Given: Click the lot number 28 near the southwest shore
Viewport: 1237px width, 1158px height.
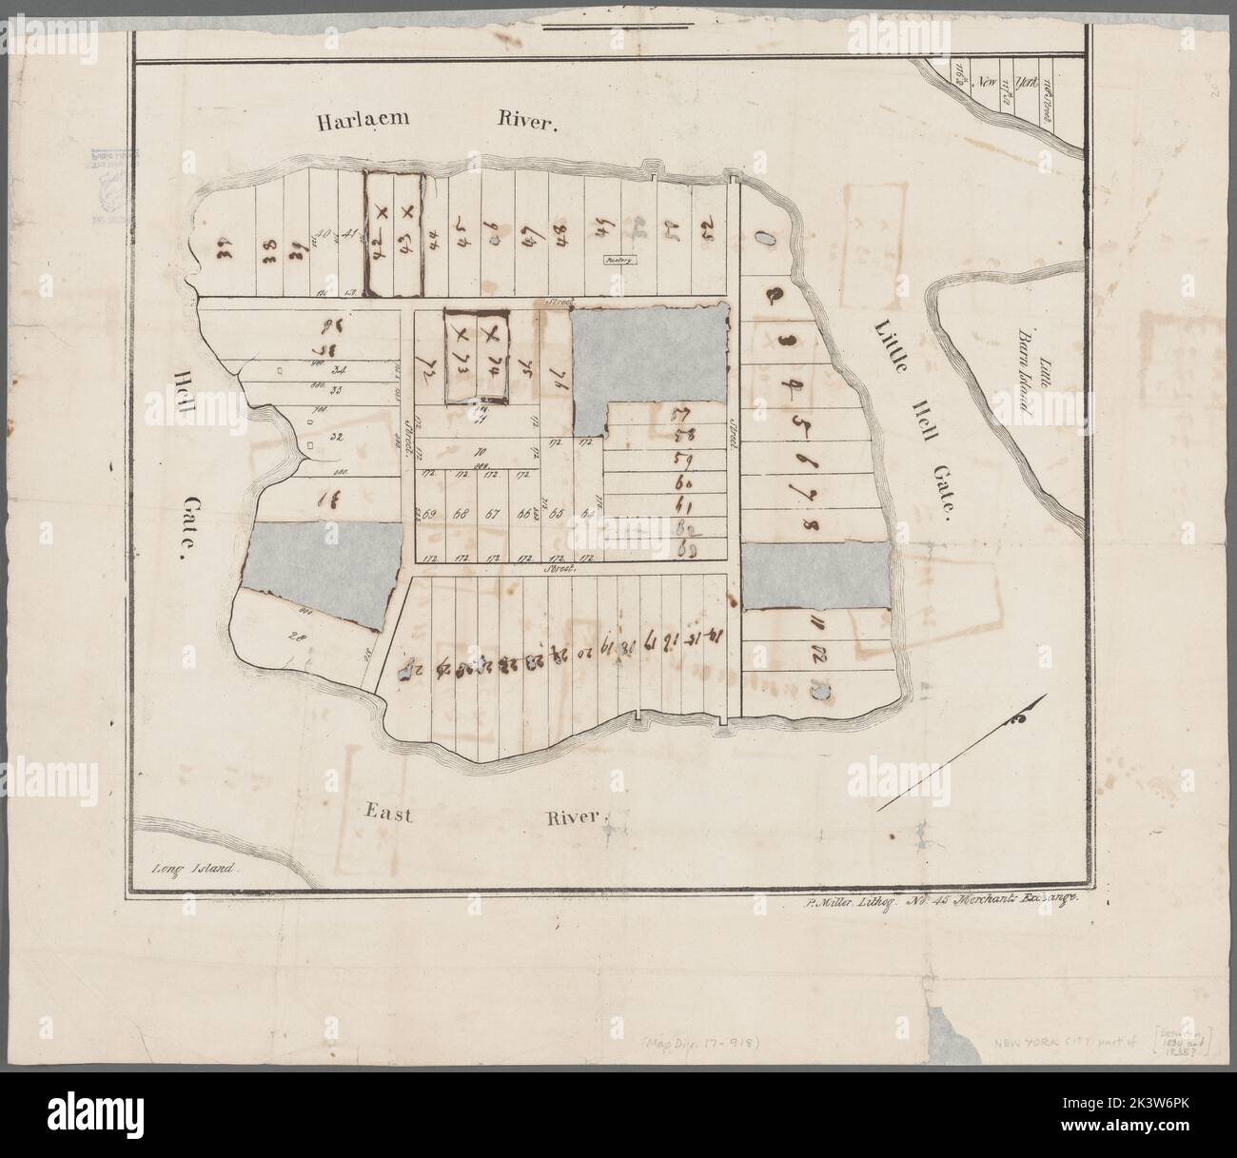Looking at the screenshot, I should (292, 638).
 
